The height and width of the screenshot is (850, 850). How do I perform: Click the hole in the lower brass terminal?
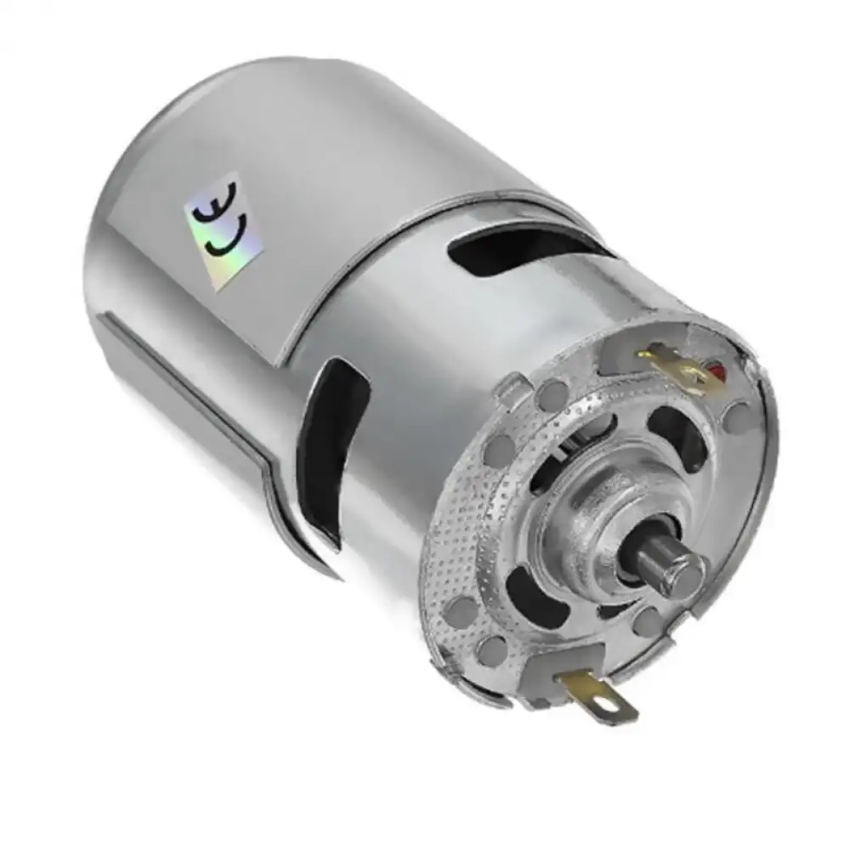coord(609,701)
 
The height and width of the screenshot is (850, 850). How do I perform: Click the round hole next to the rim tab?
coord(552,393)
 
